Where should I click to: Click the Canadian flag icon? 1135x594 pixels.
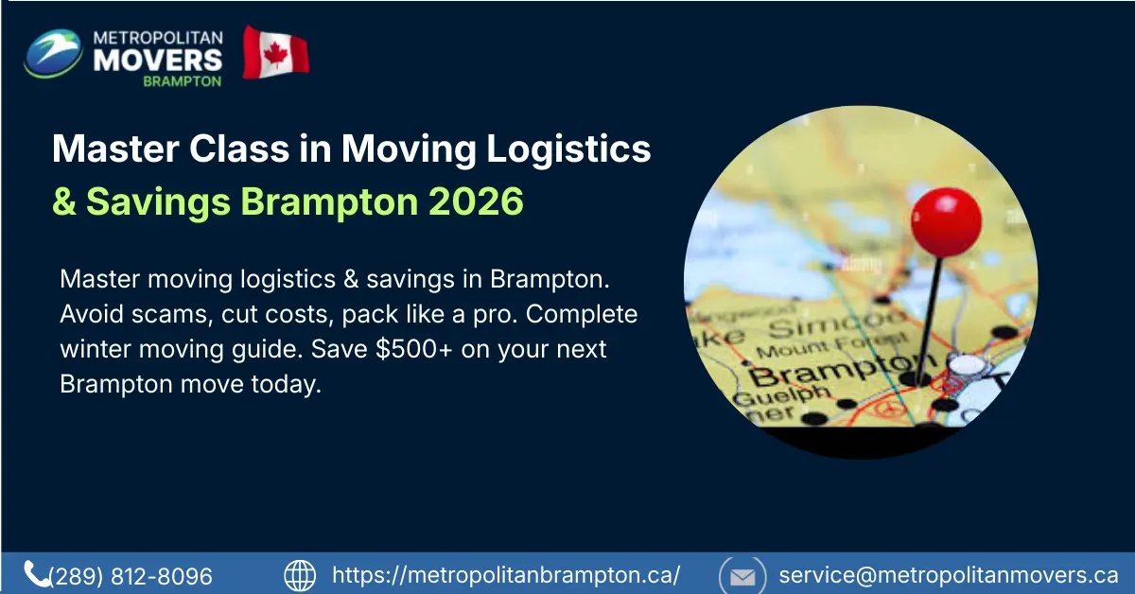pos(275,52)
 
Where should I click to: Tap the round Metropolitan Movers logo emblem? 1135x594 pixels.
pos(53,53)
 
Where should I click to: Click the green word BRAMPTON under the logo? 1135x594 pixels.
pos(182,81)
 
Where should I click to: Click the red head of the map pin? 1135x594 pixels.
pos(946,221)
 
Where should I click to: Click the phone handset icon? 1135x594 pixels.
pos(37,574)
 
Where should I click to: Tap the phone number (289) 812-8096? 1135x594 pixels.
pos(131,575)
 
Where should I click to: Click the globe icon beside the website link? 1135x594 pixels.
pos(300,575)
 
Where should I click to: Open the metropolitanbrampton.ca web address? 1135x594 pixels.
pos(506,575)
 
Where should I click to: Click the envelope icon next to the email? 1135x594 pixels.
pos(742,575)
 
